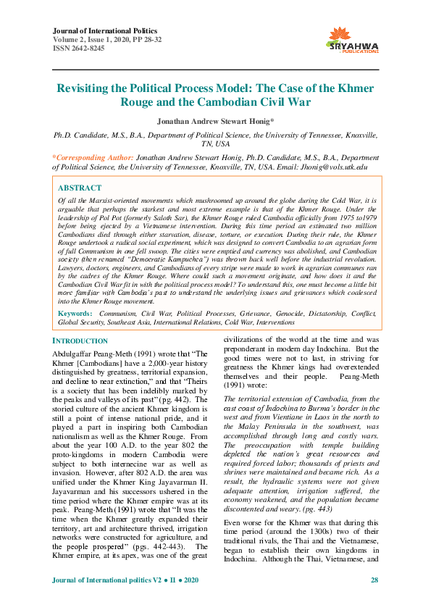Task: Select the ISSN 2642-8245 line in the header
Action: pyautogui.click(x=78, y=49)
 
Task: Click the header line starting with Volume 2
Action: pyautogui.click(x=101, y=40)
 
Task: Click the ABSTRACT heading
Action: pyautogui.click(x=80, y=187)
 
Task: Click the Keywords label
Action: pyautogui.click(x=76, y=314)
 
